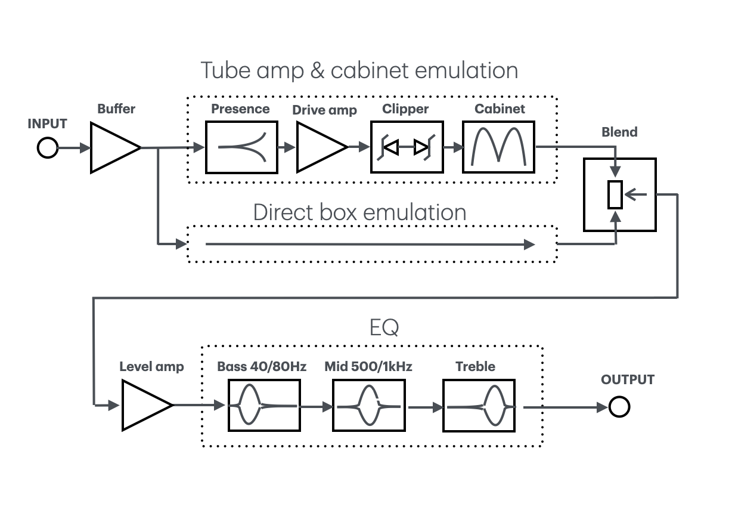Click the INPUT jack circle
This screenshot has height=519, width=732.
(48, 147)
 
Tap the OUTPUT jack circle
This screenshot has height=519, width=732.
(619, 407)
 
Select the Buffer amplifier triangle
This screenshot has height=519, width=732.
(111, 147)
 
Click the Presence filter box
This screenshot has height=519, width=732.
(241, 147)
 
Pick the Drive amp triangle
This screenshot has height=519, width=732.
(318, 147)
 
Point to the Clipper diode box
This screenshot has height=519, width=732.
(407, 147)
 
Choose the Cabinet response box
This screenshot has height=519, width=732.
(498, 147)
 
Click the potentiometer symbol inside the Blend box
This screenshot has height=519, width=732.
(615, 194)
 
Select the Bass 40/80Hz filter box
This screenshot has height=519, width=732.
(264, 406)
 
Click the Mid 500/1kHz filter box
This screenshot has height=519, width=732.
(368, 406)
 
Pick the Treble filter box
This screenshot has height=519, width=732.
(479, 406)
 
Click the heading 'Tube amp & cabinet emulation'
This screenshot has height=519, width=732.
(359, 70)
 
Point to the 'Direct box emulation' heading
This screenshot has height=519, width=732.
(359, 212)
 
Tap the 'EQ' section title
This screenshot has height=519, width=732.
(384, 327)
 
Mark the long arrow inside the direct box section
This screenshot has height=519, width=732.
(370, 244)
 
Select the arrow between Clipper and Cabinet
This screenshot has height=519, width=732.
(453, 147)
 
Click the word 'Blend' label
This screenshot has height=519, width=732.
(619, 132)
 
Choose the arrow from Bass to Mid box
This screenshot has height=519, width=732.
(317, 407)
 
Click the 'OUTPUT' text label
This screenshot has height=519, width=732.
(627, 380)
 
